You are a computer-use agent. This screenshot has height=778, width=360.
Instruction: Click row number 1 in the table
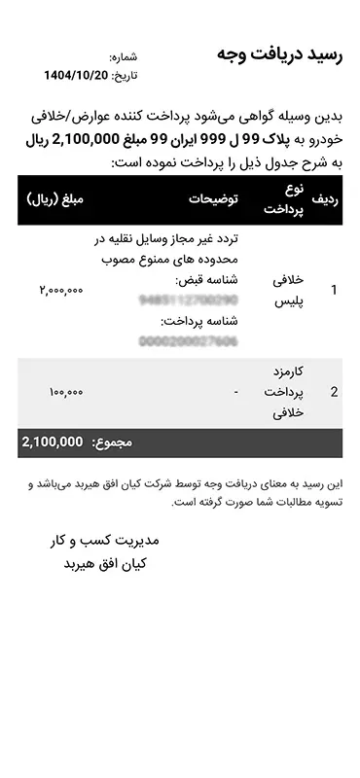335,290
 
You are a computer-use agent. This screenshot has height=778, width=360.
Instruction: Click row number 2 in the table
335,393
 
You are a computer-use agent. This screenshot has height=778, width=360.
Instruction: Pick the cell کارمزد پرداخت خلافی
285,393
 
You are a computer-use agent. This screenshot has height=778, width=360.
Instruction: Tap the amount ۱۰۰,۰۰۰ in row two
65,393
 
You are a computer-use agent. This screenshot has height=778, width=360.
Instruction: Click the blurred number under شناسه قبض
188,301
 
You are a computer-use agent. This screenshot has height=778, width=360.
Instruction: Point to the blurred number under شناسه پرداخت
188,341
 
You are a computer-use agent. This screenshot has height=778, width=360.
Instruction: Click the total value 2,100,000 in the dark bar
53,442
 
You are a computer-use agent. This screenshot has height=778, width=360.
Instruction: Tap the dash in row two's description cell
236,393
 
